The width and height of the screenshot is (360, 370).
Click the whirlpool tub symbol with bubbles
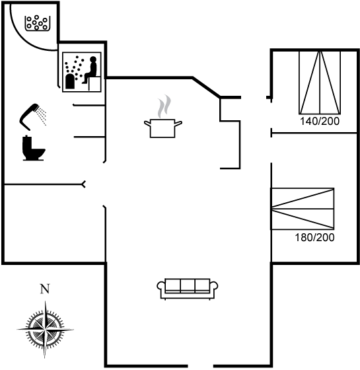(x=37, y=23)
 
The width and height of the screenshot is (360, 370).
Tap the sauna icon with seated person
(x=82, y=72)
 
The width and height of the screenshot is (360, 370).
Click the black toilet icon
(x=33, y=148)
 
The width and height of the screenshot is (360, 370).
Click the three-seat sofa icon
(x=188, y=289)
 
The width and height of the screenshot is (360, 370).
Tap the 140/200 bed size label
(x=320, y=121)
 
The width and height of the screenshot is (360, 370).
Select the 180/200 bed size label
(x=314, y=237)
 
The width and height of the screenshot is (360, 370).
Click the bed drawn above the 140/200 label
(x=320, y=83)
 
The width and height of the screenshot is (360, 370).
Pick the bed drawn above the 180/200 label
(x=303, y=209)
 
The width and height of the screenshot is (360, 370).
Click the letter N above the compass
(x=45, y=289)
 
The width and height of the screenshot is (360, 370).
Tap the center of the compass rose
(x=45, y=329)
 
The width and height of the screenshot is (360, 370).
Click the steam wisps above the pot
(x=164, y=106)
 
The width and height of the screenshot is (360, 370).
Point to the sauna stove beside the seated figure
(x=70, y=81)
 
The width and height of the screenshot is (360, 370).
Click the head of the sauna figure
(x=93, y=59)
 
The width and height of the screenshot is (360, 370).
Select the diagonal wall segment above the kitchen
(x=206, y=87)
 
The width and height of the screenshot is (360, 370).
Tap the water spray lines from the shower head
(x=42, y=116)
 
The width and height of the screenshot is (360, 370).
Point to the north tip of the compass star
(x=45, y=301)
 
